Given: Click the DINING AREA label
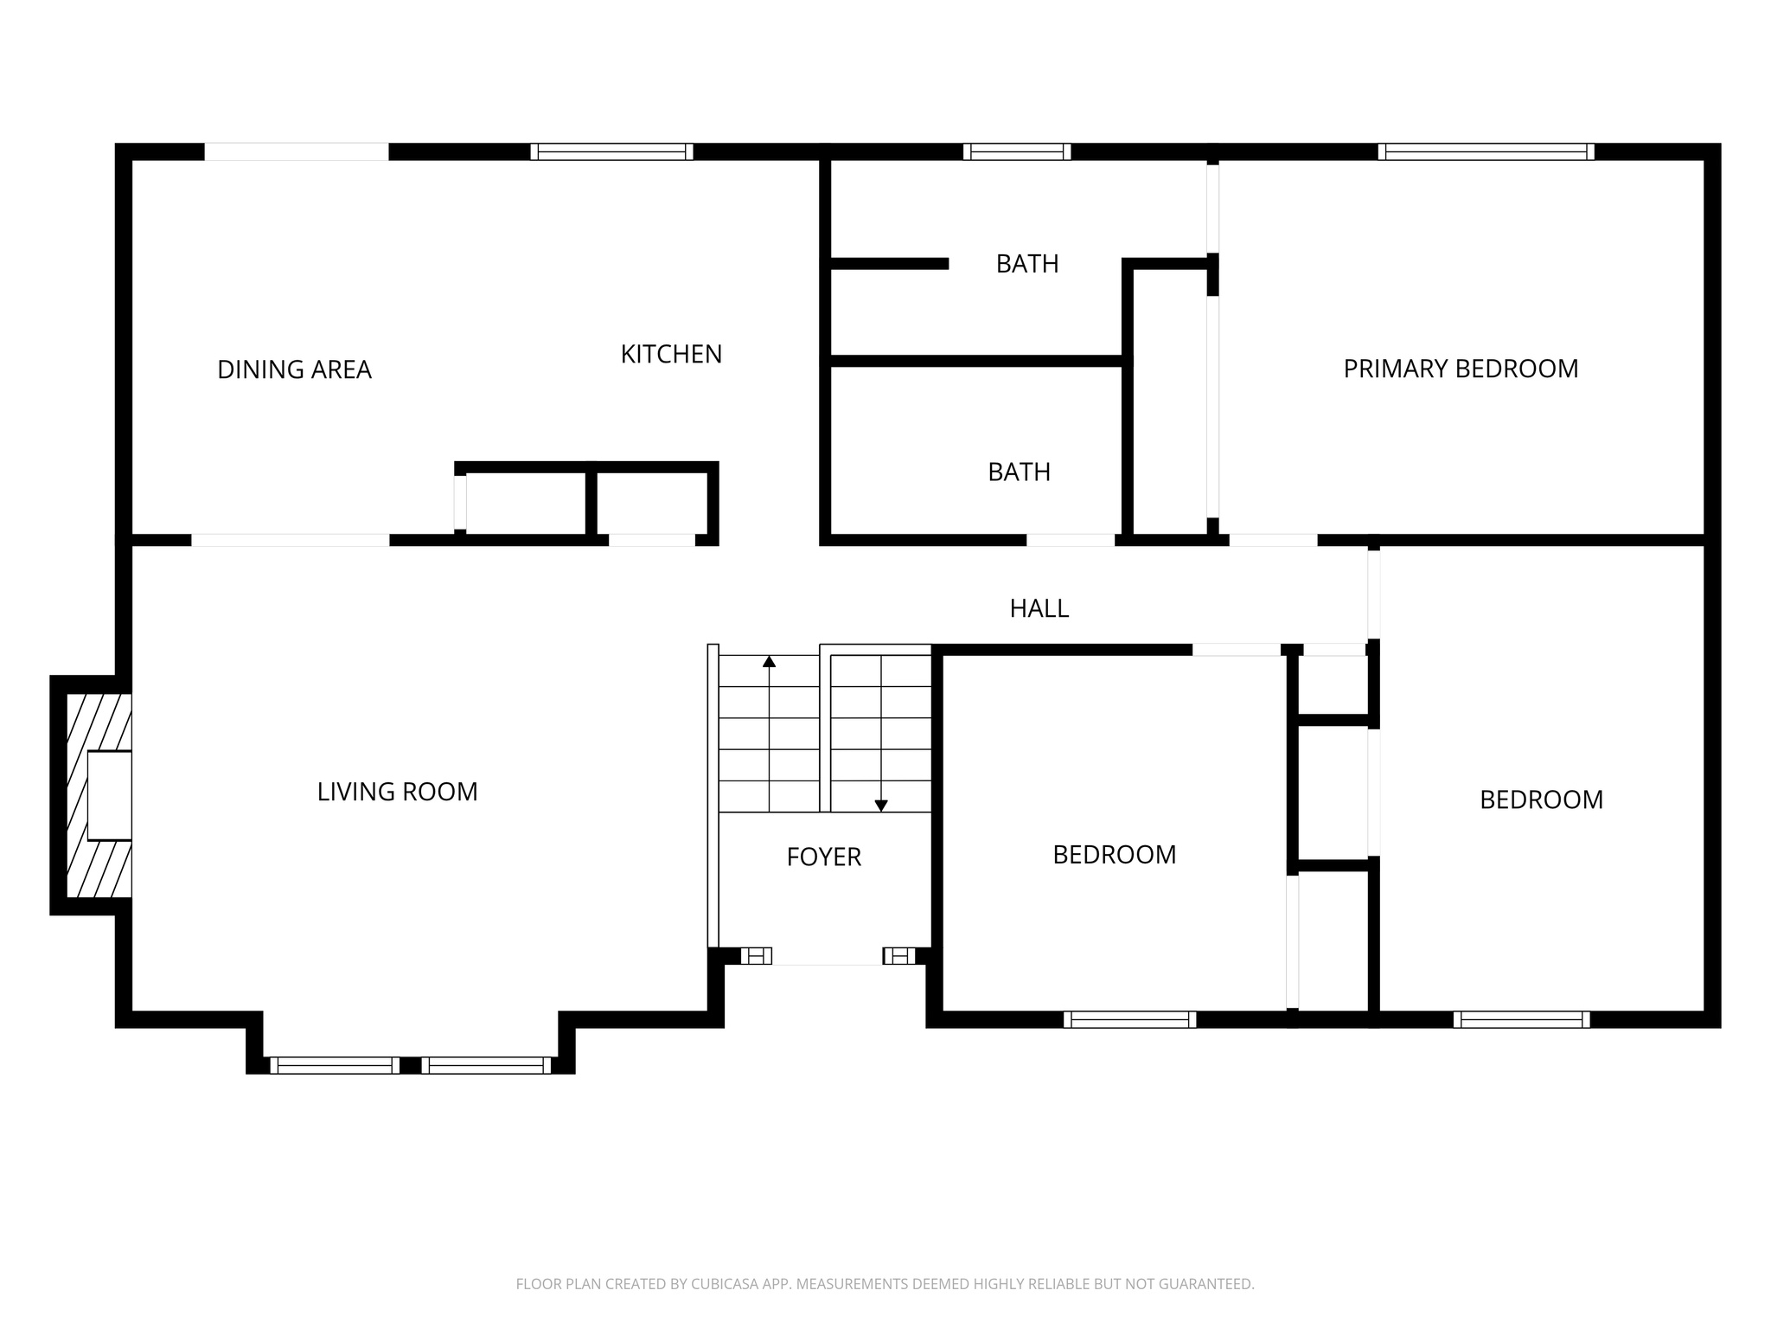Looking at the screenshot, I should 294,369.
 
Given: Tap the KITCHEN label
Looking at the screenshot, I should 671,354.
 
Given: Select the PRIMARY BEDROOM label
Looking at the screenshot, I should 1461,369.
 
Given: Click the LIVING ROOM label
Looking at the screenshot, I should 397,792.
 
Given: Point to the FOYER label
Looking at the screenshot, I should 823,857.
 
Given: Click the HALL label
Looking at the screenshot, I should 1039,608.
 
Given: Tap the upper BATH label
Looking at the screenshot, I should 1026,264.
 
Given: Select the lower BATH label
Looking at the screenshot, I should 1019,472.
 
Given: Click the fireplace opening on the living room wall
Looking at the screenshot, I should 110,795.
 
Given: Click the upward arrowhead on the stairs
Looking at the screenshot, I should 769,662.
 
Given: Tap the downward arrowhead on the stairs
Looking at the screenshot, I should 881,806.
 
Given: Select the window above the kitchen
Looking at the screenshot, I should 611,152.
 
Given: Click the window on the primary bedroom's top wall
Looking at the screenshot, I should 1486,152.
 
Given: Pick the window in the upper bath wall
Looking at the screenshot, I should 1017,152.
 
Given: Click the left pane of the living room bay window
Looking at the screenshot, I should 335,1065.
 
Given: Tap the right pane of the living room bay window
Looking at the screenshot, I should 486,1065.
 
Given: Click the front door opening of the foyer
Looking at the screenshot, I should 827,956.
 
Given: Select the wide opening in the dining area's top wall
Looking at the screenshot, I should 296,152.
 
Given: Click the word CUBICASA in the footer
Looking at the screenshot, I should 723,1284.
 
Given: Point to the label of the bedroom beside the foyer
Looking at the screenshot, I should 1114,855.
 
